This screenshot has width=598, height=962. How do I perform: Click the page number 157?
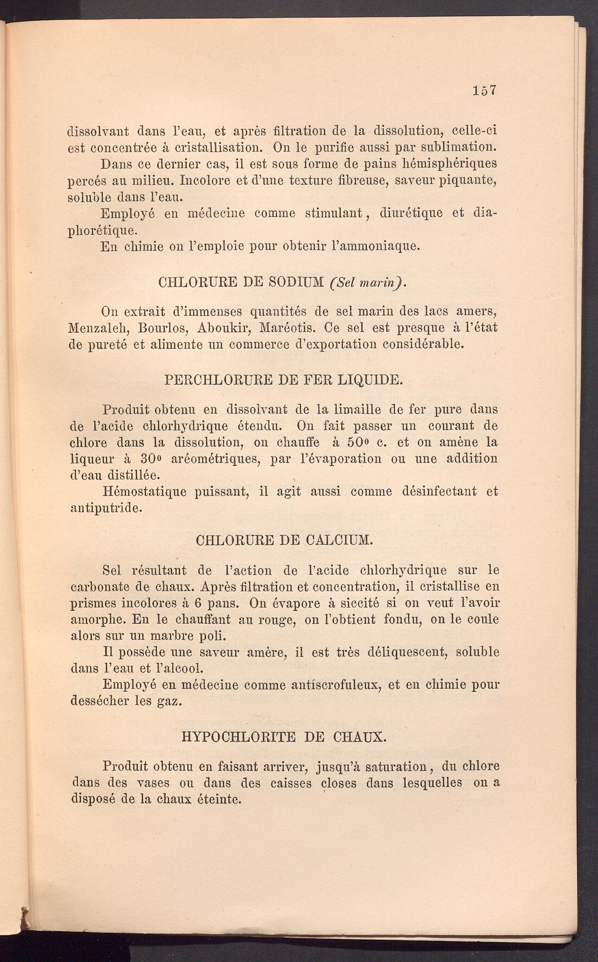484,91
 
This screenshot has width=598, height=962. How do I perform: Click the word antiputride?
106,508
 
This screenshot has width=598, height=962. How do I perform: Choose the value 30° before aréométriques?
152,459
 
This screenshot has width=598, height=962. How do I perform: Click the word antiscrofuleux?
336,685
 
